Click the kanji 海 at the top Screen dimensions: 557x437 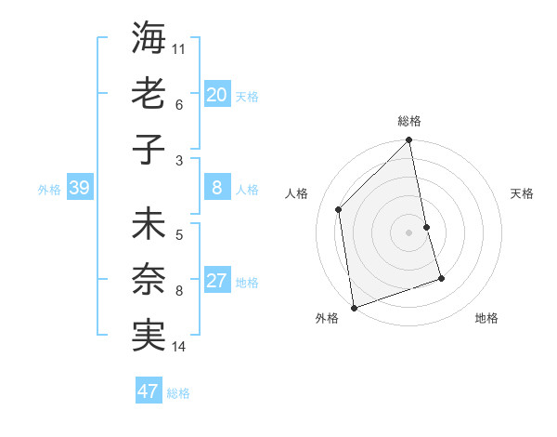(149, 38)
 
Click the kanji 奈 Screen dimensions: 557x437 (149, 280)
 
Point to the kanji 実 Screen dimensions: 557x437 (149, 335)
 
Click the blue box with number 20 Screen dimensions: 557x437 (216, 94)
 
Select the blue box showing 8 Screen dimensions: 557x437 (216, 188)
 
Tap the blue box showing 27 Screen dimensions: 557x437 (216, 282)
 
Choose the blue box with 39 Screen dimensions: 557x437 (79, 188)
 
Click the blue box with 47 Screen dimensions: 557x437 (148, 391)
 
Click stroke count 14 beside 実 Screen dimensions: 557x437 (179, 347)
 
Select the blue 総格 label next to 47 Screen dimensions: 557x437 (178, 393)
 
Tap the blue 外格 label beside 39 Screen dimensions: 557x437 (49, 190)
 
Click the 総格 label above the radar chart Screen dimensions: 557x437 (408, 121)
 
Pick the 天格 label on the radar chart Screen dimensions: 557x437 (523, 193)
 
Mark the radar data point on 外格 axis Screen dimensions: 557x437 (354, 307)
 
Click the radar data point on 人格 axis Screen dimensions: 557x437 (339, 209)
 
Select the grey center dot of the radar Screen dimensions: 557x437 (408, 232)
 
